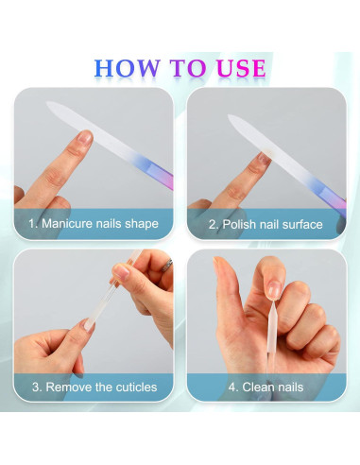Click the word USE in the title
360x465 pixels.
click(235, 67)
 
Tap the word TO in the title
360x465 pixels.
click(182, 67)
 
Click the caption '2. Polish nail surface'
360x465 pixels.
click(266, 225)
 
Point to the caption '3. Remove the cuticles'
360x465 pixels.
click(94, 387)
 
